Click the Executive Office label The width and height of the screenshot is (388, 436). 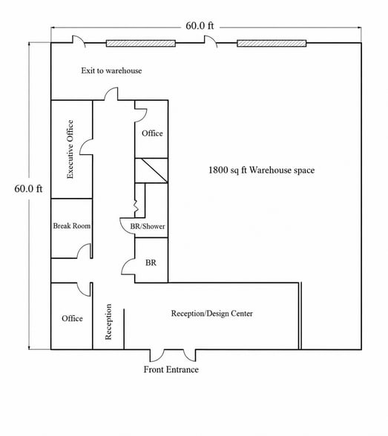pyautogui.click(x=70, y=149)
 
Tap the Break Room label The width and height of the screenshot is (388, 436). pyautogui.click(x=72, y=225)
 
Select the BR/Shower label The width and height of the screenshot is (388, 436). pyautogui.click(x=148, y=226)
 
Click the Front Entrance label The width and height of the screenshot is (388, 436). pyautogui.click(x=171, y=369)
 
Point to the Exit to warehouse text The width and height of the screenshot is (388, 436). pyautogui.click(x=111, y=70)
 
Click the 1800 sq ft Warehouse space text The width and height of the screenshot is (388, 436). pyautogui.click(x=261, y=171)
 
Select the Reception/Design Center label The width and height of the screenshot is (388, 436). pyautogui.click(x=212, y=314)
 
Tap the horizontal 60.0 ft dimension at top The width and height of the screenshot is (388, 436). pyautogui.click(x=200, y=26)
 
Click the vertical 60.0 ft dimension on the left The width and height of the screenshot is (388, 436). pyautogui.click(x=28, y=189)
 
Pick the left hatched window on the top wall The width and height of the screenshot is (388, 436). pyautogui.click(x=141, y=43)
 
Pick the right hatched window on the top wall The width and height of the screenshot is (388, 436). pyautogui.click(x=272, y=43)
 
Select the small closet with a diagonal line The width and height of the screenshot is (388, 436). pyautogui.click(x=151, y=171)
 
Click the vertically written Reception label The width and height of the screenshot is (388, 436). pyautogui.click(x=108, y=322)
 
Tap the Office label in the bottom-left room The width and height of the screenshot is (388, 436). pyautogui.click(x=72, y=318)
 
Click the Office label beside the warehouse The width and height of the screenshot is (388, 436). pyautogui.click(x=152, y=133)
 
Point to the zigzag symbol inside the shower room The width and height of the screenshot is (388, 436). pyautogui.click(x=136, y=205)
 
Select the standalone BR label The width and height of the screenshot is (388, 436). pyautogui.click(x=151, y=262)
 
